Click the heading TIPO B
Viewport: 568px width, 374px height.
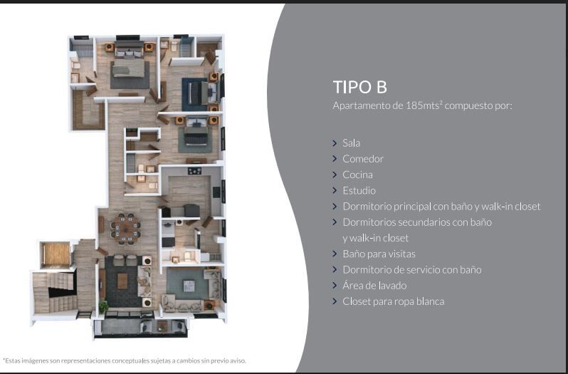(359, 87)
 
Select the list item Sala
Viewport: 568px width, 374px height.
(351, 143)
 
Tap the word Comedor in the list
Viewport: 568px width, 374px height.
(363, 159)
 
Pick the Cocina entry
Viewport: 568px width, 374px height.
(357, 175)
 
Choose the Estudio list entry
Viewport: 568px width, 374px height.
(359, 191)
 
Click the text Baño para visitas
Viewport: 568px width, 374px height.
(379, 254)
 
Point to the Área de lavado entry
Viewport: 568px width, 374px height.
(374, 286)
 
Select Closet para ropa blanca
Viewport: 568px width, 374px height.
(394, 301)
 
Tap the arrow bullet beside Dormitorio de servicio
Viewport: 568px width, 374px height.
(335, 270)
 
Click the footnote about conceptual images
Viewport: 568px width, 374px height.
(125, 360)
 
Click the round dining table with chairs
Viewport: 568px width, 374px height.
(125, 229)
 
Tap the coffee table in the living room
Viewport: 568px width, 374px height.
(122, 281)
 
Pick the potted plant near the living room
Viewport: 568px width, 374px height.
(103, 307)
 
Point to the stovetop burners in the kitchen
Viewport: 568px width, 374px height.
(194, 171)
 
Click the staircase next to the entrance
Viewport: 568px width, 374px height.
(54, 292)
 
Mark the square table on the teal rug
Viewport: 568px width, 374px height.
(189, 286)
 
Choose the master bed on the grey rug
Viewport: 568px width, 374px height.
(128, 68)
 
